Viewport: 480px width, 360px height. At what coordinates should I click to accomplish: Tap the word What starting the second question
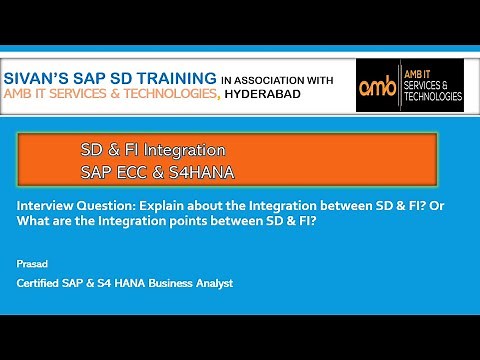33,221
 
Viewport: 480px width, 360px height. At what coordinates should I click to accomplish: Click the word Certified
41,284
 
